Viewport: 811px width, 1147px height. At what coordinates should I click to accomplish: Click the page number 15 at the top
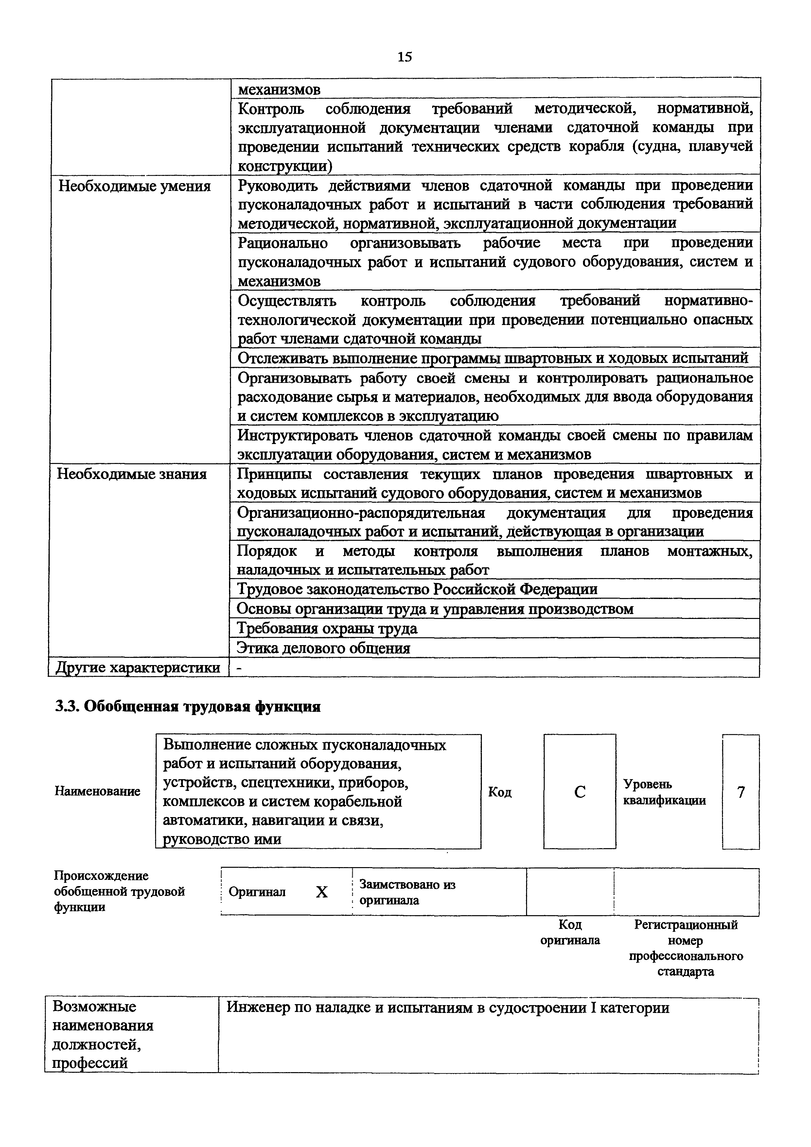405,57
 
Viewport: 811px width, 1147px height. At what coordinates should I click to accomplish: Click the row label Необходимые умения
134,186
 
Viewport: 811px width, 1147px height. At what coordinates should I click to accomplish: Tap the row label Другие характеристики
138,667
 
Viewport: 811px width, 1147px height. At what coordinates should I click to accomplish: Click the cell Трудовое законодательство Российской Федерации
417,590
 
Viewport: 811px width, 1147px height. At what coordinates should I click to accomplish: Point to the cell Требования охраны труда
327,628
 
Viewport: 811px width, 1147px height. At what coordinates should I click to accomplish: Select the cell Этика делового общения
323,648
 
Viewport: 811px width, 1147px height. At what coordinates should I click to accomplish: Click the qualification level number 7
741,792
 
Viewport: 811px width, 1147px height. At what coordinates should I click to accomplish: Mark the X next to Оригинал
321,892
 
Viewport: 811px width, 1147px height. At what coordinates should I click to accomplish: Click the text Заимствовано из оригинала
407,892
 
